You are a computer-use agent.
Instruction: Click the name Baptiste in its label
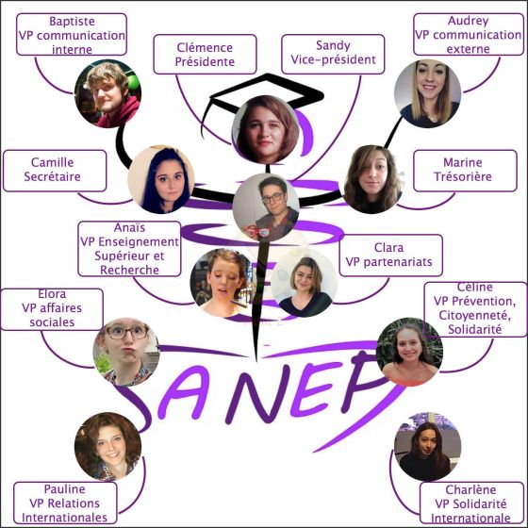tap(72, 21)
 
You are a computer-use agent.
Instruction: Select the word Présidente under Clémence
tap(205, 61)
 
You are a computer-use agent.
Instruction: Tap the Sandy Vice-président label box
tap(333, 54)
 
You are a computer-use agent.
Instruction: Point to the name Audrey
tap(468, 21)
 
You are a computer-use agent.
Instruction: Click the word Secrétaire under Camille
tap(52, 176)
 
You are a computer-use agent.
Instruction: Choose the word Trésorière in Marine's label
tap(463, 176)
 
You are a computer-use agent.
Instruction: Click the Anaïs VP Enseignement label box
tap(129, 249)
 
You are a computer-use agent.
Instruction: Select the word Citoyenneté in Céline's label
tap(475, 316)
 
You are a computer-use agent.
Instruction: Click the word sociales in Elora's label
tap(52, 322)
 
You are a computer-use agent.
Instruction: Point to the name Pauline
tap(65, 489)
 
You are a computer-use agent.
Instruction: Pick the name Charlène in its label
tap(470, 489)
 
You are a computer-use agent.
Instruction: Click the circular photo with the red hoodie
tap(107, 93)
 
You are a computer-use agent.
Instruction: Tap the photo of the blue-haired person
tap(161, 179)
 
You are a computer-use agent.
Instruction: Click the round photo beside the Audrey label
tap(428, 93)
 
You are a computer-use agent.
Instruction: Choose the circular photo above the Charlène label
tap(428, 447)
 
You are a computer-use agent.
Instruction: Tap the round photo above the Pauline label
tap(107, 447)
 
